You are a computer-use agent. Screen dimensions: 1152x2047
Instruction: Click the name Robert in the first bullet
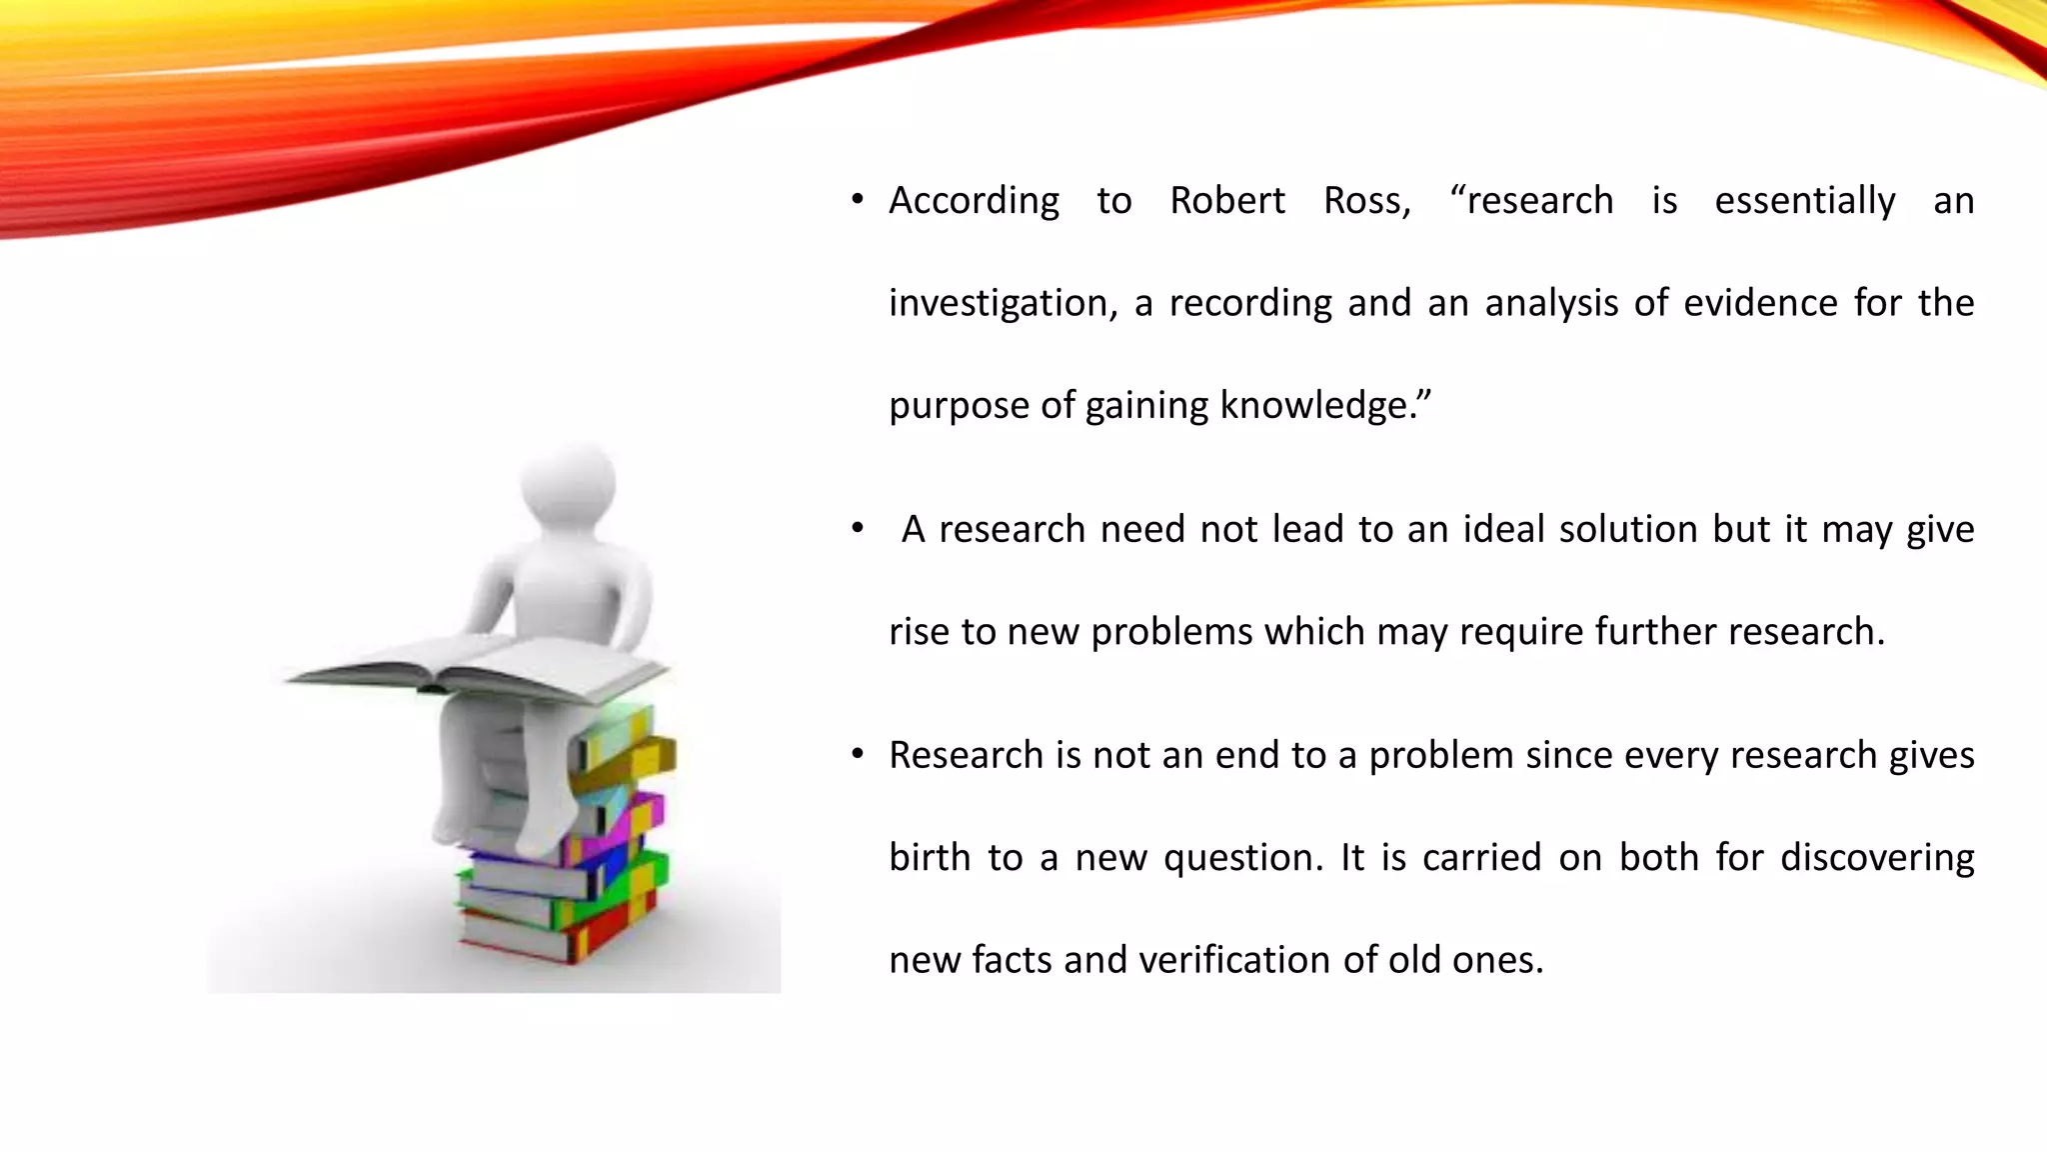1226,201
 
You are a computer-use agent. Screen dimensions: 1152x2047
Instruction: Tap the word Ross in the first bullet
1365,201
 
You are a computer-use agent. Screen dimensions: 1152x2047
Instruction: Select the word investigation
1003,303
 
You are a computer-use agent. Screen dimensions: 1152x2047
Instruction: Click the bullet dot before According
857,201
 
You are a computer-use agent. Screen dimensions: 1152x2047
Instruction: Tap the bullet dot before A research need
857,529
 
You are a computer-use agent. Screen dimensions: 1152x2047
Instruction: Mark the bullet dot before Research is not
857,755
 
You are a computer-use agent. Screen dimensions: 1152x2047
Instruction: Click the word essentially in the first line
1804,201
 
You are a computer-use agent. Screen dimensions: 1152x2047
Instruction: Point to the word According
974,201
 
